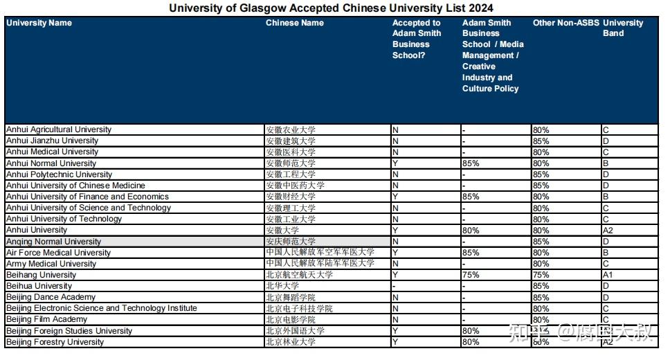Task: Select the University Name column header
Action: click(x=39, y=23)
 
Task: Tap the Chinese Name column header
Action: click(x=294, y=23)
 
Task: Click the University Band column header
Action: click(x=622, y=28)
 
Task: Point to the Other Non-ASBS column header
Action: click(x=565, y=23)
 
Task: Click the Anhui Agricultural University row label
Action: click(x=59, y=129)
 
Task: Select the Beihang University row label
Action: click(x=42, y=275)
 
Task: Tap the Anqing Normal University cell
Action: click(x=54, y=242)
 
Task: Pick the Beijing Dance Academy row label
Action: click(x=51, y=297)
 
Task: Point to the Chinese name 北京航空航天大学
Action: click(x=299, y=275)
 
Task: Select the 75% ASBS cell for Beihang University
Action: click(x=471, y=275)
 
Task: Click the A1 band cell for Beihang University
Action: click(x=608, y=275)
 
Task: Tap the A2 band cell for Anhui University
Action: click(x=608, y=230)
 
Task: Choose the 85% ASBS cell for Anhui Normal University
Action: click(x=471, y=163)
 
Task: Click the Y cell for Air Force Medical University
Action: click(x=395, y=253)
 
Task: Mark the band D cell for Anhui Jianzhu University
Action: click(x=606, y=141)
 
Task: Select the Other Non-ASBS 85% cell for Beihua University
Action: click(x=541, y=286)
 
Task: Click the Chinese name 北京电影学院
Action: click(x=290, y=319)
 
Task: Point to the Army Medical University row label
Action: click(x=51, y=264)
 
